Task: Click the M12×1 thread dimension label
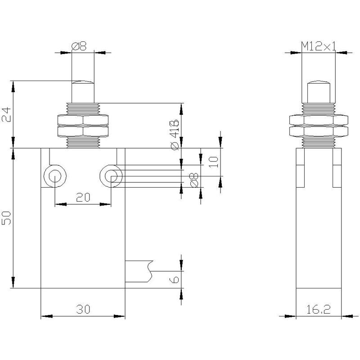(x=319, y=46)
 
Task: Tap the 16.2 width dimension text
(x=319, y=310)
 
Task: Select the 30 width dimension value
(x=83, y=309)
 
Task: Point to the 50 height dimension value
(x=6, y=218)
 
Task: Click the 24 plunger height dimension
(x=6, y=115)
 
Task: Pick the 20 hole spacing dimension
(x=83, y=197)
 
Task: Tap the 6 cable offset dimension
(x=174, y=279)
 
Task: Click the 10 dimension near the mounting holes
(x=214, y=162)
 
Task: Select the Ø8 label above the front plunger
(x=79, y=46)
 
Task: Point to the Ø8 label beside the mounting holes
(x=194, y=180)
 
